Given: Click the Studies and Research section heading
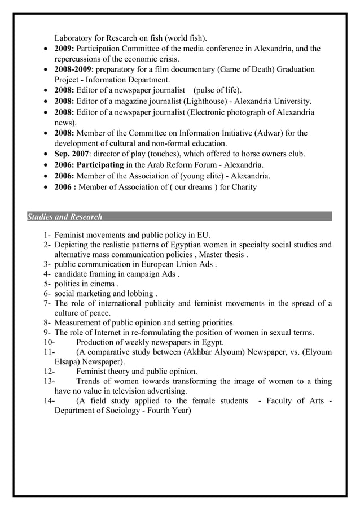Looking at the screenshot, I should click(65, 217).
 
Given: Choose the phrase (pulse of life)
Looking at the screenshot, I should click(217, 90).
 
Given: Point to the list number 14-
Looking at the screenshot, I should click(49, 400).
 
